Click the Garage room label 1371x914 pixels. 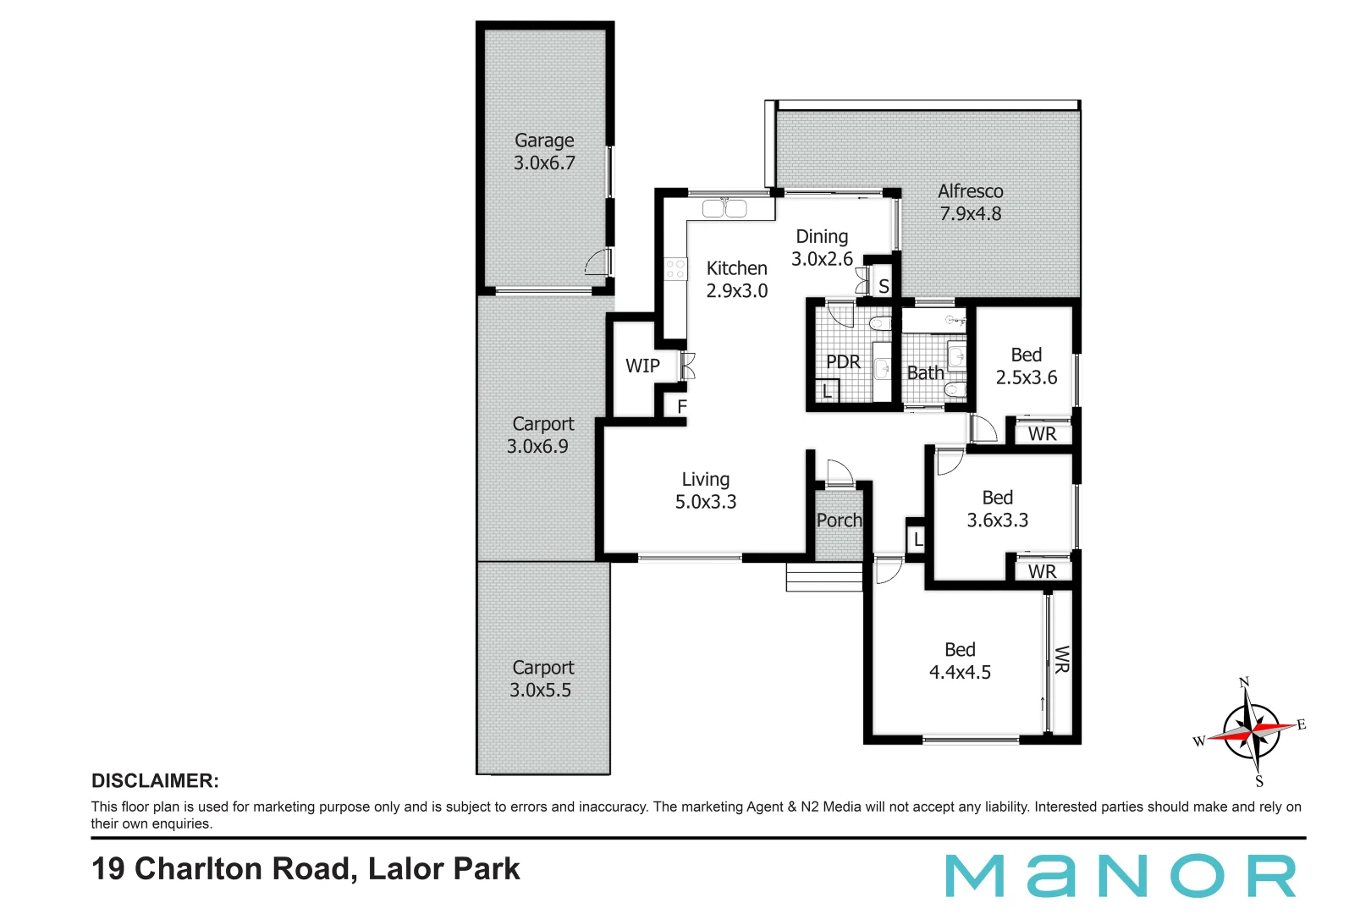click(x=544, y=140)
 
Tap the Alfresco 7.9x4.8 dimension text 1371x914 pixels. click(x=970, y=214)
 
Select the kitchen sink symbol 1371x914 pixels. click(x=724, y=207)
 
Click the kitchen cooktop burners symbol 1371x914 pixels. click(x=675, y=269)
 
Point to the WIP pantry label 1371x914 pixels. click(x=642, y=366)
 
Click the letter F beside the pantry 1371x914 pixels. click(x=682, y=407)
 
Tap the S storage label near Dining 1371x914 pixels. click(x=884, y=286)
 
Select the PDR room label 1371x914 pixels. click(x=843, y=362)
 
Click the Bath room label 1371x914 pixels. click(x=925, y=373)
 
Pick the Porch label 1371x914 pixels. click(x=839, y=520)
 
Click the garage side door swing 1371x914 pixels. click(x=598, y=262)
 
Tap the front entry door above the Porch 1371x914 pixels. click(x=840, y=473)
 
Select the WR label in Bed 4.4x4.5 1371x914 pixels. click(x=1062, y=659)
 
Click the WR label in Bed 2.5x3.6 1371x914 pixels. click(x=1042, y=434)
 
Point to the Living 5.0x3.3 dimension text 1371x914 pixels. click(x=705, y=502)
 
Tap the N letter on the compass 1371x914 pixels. click(x=1243, y=683)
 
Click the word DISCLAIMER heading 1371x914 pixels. click(x=155, y=781)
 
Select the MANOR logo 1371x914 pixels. click(x=1120, y=876)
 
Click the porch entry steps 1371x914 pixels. click(x=823, y=578)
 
